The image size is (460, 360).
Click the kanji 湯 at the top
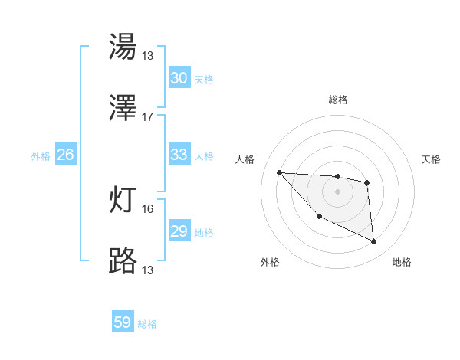tap(123, 47)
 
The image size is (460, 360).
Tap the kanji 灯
tap(123, 200)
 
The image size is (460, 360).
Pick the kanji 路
tap(123, 262)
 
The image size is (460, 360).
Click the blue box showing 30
tap(179, 78)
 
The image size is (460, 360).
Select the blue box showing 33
tap(179, 155)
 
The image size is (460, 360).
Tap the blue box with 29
tap(179, 231)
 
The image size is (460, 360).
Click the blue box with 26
tap(65, 155)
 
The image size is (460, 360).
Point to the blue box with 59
tap(123, 322)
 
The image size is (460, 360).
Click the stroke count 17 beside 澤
tap(148, 117)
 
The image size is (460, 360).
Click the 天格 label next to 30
tap(204, 80)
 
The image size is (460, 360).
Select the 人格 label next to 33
tap(204, 156)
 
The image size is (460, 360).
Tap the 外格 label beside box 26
tap(41, 156)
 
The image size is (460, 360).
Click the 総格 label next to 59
tap(147, 324)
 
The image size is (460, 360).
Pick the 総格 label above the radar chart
tap(338, 100)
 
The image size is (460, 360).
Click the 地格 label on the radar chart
tap(402, 262)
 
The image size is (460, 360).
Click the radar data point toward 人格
tap(279, 172)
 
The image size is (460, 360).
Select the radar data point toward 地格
tap(374, 242)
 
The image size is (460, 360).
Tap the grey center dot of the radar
tap(338, 191)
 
